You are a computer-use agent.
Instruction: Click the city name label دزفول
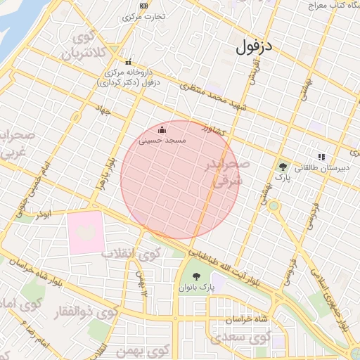click(254, 47)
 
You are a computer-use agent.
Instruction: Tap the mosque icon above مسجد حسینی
click(162, 129)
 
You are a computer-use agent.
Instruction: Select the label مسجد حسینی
click(162, 141)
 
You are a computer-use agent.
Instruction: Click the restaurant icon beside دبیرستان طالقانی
click(321, 157)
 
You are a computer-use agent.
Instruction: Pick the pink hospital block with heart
click(85, 233)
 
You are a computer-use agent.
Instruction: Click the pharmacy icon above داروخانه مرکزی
click(127, 61)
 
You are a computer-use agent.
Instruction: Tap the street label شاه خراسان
click(246, 320)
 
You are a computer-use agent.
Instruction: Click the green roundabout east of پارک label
click(273, 206)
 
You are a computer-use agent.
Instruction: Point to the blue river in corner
click(15, 21)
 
